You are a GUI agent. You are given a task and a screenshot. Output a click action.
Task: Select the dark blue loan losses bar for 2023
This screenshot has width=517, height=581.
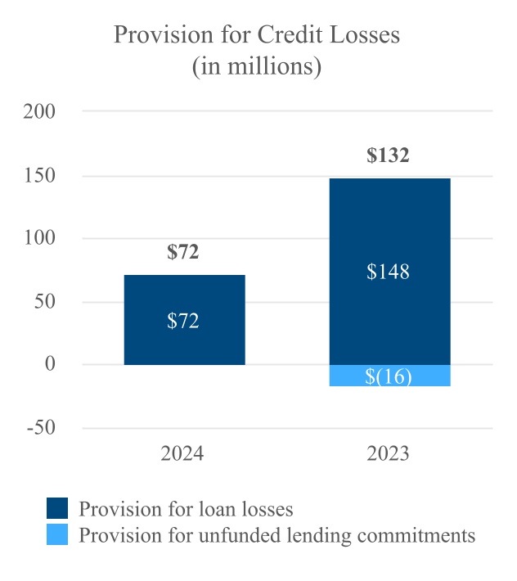pos(389,229)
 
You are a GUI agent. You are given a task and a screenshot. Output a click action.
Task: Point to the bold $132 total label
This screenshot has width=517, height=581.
pos(388,155)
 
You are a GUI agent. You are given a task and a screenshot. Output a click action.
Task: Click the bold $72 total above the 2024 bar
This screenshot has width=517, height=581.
pos(183,252)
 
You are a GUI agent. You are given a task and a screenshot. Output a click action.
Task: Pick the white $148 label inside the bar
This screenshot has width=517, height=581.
pos(388,272)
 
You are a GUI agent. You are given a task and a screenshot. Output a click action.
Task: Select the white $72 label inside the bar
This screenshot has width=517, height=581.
pos(183,320)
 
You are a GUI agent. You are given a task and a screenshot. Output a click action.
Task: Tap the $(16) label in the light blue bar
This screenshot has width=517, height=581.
pos(389,376)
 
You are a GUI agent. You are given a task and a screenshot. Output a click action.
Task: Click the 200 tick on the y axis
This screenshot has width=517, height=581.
pos(41,111)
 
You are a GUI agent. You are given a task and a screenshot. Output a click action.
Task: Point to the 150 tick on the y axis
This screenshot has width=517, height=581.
pos(41,175)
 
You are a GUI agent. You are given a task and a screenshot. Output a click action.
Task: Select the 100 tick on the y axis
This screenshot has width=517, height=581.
pos(41,238)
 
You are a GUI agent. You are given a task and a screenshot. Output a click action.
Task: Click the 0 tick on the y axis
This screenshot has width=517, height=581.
pos(51,364)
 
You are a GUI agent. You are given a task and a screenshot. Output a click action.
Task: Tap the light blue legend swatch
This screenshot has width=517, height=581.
pos(57,536)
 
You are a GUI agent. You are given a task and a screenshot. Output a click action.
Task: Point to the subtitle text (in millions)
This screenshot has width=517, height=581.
pos(257,65)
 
